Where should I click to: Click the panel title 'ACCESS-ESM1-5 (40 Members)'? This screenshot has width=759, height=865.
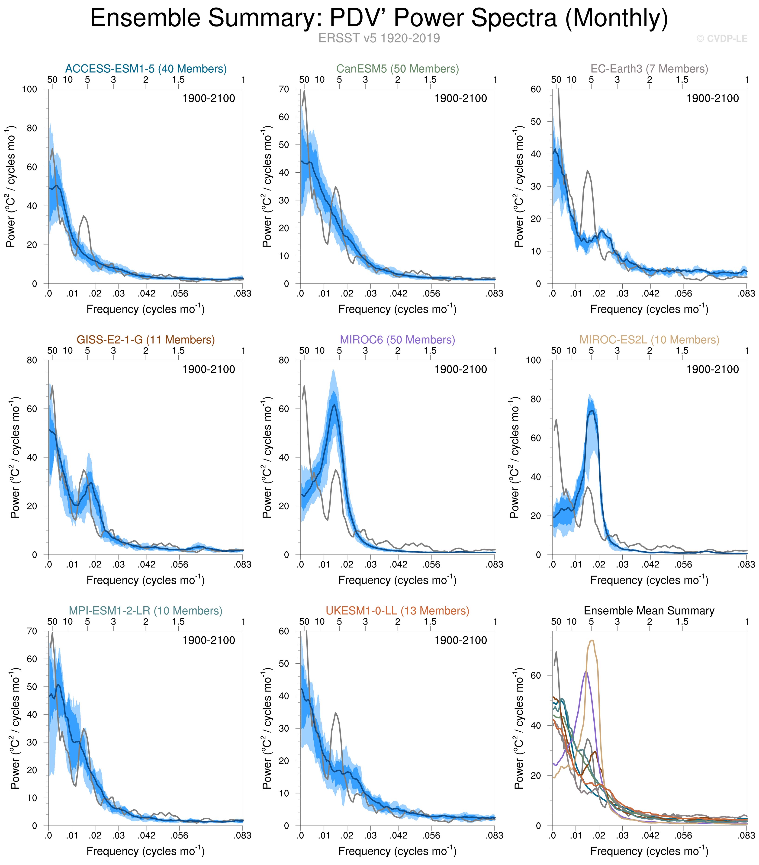point(146,69)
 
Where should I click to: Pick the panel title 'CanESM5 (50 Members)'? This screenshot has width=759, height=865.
point(398,69)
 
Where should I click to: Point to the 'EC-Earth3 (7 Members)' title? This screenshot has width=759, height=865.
point(650,69)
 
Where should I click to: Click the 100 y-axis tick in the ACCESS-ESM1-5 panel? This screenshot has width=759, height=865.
point(30,89)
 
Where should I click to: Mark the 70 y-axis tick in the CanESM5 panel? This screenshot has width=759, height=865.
point(284,89)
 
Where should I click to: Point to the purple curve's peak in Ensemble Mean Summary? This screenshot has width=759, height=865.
point(586,672)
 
